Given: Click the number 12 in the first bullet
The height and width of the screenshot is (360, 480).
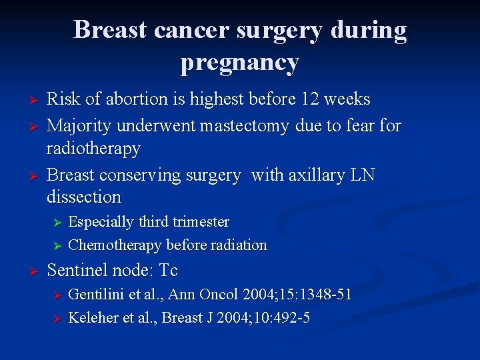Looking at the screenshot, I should (x=308, y=99).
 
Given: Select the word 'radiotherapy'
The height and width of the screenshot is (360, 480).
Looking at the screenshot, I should (x=93, y=148).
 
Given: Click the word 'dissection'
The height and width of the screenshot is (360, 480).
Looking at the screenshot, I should (x=84, y=197).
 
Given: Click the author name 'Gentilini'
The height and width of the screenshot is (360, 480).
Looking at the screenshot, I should (x=94, y=294).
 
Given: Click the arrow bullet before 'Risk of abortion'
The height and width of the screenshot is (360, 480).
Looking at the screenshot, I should (x=27, y=100).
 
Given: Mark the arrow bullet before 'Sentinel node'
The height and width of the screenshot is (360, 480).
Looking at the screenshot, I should (x=27, y=271).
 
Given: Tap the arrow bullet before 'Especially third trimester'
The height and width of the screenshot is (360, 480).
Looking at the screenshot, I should (x=57, y=223).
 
